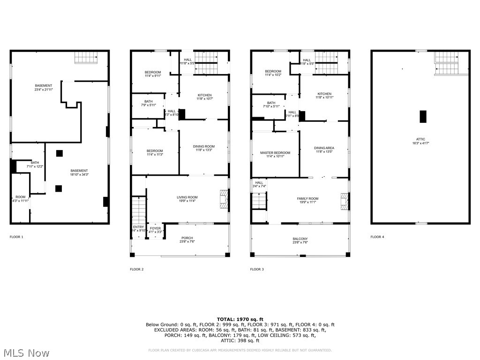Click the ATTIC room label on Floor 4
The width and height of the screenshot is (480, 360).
tap(420, 139)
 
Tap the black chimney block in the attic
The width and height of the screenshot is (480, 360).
tap(423, 116)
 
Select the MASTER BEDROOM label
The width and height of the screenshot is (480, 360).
tap(275, 153)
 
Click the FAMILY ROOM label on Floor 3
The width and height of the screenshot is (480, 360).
tap(307, 199)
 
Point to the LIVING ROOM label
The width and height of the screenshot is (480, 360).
tap(187, 197)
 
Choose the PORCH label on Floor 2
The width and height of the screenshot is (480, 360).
tap(187, 238)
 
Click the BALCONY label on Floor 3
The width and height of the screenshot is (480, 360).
tap(300, 239)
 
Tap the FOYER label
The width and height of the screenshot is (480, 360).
tap(155, 229)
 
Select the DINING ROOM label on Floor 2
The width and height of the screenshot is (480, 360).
tap(204, 147)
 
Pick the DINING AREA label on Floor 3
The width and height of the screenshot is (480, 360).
tap(324, 148)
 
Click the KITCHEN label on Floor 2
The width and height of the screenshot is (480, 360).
tap(204, 95)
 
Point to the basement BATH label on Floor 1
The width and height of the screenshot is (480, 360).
tap(22, 163)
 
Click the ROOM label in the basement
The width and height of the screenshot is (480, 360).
tap(20, 197)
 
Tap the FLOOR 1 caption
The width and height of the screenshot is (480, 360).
tap(16, 237)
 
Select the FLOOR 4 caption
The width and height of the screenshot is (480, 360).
tap(377, 237)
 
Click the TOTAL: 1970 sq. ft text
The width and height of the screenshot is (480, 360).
tap(240, 319)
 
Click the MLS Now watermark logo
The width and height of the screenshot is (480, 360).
tap(26, 352)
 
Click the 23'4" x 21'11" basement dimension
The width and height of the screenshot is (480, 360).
tap(44, 90)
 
